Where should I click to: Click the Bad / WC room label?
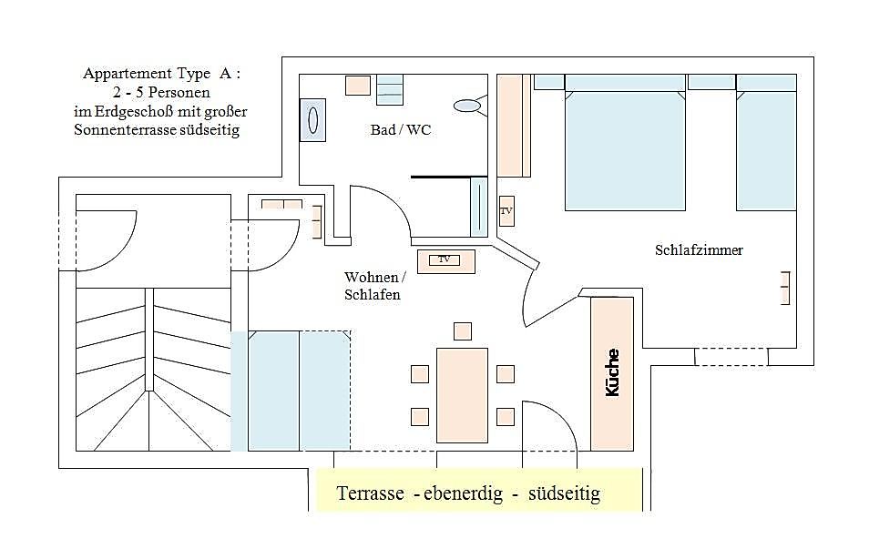tap(401, 130)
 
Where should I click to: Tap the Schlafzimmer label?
tap(699, 249)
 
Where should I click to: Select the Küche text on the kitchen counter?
tap(612, 371)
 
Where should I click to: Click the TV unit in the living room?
tap(445, 260)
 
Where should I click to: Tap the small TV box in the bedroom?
tap(506, 211)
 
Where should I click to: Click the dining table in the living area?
tap(462, 387)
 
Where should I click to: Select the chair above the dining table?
tap(463, 330)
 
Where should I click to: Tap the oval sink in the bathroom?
tap(468, 106)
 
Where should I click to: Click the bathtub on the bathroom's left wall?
tap(312, 119)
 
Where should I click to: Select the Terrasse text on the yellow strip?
tap(370, 494)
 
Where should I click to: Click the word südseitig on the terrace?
tap(564, 494)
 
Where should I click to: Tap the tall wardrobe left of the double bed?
tap(514, 126)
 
